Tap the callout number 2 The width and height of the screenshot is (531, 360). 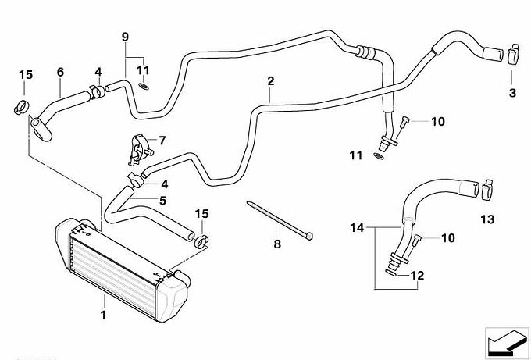pos(270,81)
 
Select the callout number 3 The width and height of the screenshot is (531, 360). pos(512,93)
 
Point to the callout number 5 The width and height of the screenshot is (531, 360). pos(163,201)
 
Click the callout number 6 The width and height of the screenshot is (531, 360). pos(59,73)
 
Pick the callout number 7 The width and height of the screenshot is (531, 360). pos(162,141)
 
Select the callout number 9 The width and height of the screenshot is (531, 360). pos(125,37)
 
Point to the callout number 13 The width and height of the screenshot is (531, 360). pos(487,221)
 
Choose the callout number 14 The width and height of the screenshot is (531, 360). pos(357,228)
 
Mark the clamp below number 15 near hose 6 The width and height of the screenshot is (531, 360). pos(23,105)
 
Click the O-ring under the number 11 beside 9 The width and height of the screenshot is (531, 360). pos(144,84)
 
